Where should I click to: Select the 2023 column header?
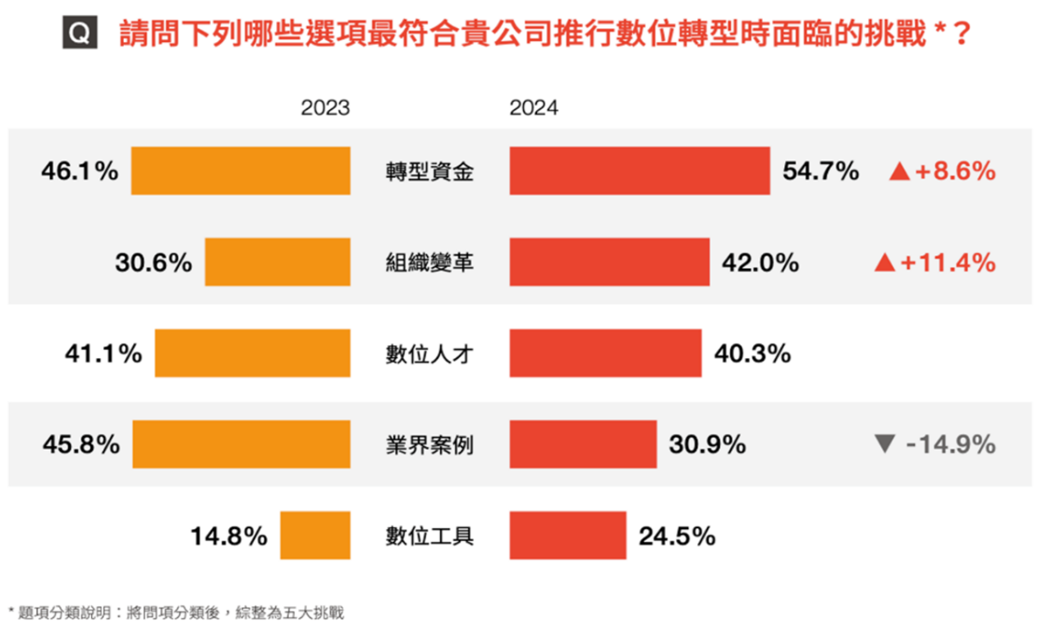tap(324, 108)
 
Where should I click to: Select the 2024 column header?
tap(534, 108)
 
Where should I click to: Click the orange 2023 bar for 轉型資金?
tap(241, 171)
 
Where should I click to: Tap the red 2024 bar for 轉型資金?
tap(640, 171)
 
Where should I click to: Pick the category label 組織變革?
tap(429, 263)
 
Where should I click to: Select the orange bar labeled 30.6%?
tap(278, 262)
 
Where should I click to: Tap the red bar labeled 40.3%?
tap(605, 353)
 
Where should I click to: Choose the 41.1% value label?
tap(103, 354)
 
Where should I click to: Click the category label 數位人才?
tap(429, 354)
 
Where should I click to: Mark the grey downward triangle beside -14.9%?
tap(884, 444)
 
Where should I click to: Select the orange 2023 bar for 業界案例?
tap(241, 444)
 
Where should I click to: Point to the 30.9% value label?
tap(707, 444)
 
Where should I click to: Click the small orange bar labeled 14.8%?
tap(315, 536)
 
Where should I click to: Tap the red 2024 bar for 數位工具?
tap(567, 536)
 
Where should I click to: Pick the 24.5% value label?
tap(677, 536)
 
